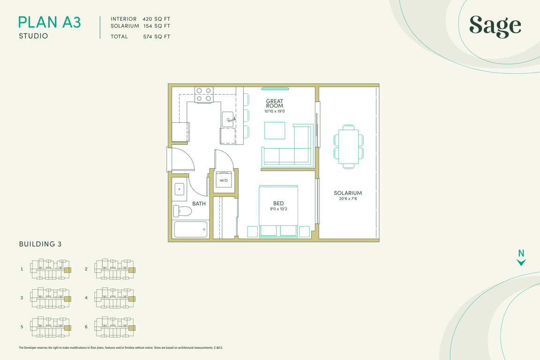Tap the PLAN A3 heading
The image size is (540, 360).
[50, 22]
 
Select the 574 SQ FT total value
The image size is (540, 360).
[157, 37]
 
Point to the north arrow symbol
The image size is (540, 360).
[521, 262]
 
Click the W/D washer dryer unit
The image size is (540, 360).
[224, 180]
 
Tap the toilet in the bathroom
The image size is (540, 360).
[182, 211]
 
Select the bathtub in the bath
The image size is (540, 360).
[191, 229]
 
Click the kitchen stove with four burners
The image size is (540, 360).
[204, 95]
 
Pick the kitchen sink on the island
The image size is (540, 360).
[228, 119]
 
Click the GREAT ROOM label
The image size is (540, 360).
[275, 103]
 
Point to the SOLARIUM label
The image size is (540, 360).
[348, 193]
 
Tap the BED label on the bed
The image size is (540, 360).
[278, 203]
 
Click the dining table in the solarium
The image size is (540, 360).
[349, 146]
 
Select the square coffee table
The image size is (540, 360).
[275, 130]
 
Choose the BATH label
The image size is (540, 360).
[199, 203]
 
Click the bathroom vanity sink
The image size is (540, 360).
[180, 189]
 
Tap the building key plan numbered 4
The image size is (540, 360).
[115, 298]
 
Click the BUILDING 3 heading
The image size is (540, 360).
[40, 244]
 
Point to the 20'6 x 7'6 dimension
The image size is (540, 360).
[348, 199]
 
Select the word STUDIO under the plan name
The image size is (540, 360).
[33, 36]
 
